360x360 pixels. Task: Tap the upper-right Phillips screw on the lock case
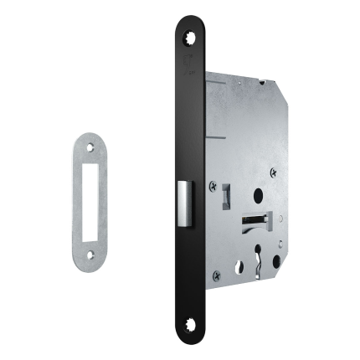tap(273, 172)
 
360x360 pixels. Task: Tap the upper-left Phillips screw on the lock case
tap(213, 185)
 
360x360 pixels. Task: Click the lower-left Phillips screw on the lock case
tap(216, 275)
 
